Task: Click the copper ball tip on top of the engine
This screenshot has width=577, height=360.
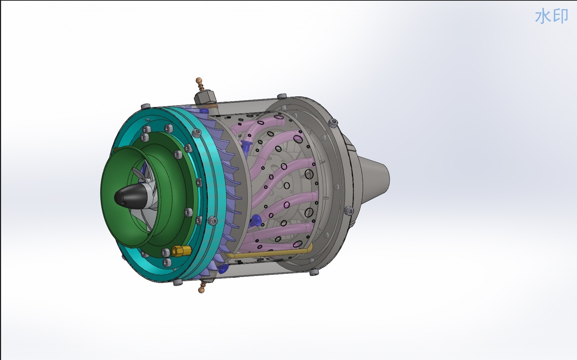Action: click(x=199, y=80)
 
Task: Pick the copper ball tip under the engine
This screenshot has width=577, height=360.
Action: click(x=201, y=290)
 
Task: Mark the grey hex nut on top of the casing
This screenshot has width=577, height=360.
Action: click(x=205, y=98)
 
